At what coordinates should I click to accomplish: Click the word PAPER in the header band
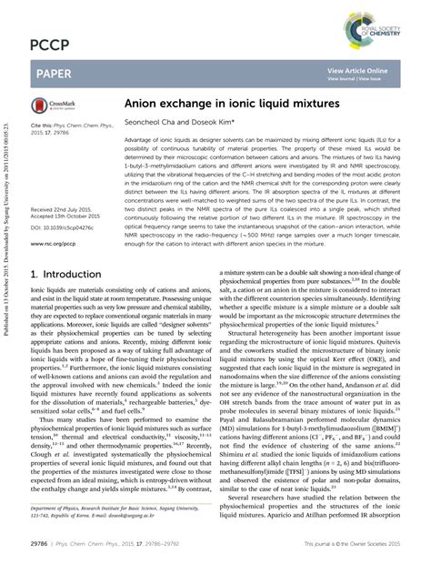pyautogui.click(x=53, y=73)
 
